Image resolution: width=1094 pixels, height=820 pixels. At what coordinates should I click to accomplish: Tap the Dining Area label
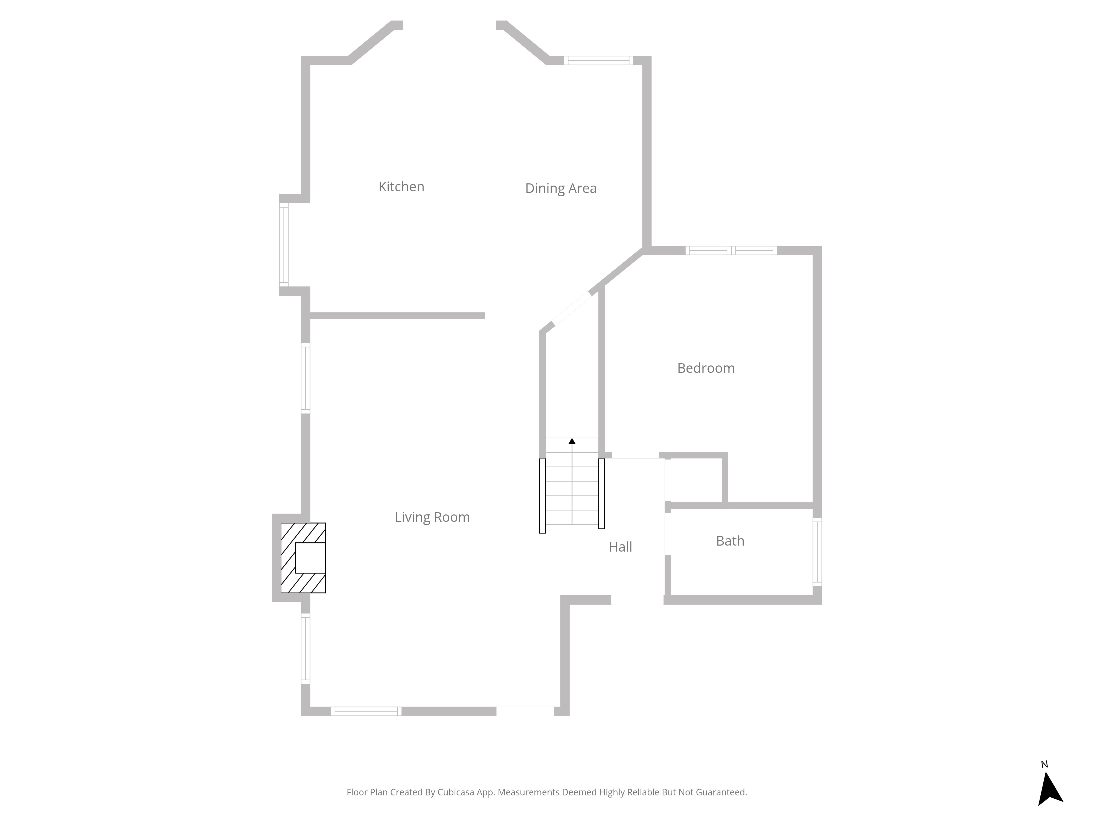561,188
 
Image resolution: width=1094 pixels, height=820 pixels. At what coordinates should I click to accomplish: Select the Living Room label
432,517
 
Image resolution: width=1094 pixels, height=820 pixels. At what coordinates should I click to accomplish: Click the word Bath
730,541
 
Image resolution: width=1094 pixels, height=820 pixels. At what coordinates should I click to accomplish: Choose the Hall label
620,547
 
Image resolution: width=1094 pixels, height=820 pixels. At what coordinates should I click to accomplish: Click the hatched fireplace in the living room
303,558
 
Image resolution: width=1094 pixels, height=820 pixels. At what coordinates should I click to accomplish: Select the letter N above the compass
1044,765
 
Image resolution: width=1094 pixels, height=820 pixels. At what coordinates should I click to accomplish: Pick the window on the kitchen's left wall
284,245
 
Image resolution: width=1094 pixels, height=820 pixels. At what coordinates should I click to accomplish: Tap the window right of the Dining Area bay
598,60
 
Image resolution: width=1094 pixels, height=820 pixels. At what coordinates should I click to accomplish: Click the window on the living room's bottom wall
366,711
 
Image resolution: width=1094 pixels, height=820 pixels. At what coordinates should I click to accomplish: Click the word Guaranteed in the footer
721,792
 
